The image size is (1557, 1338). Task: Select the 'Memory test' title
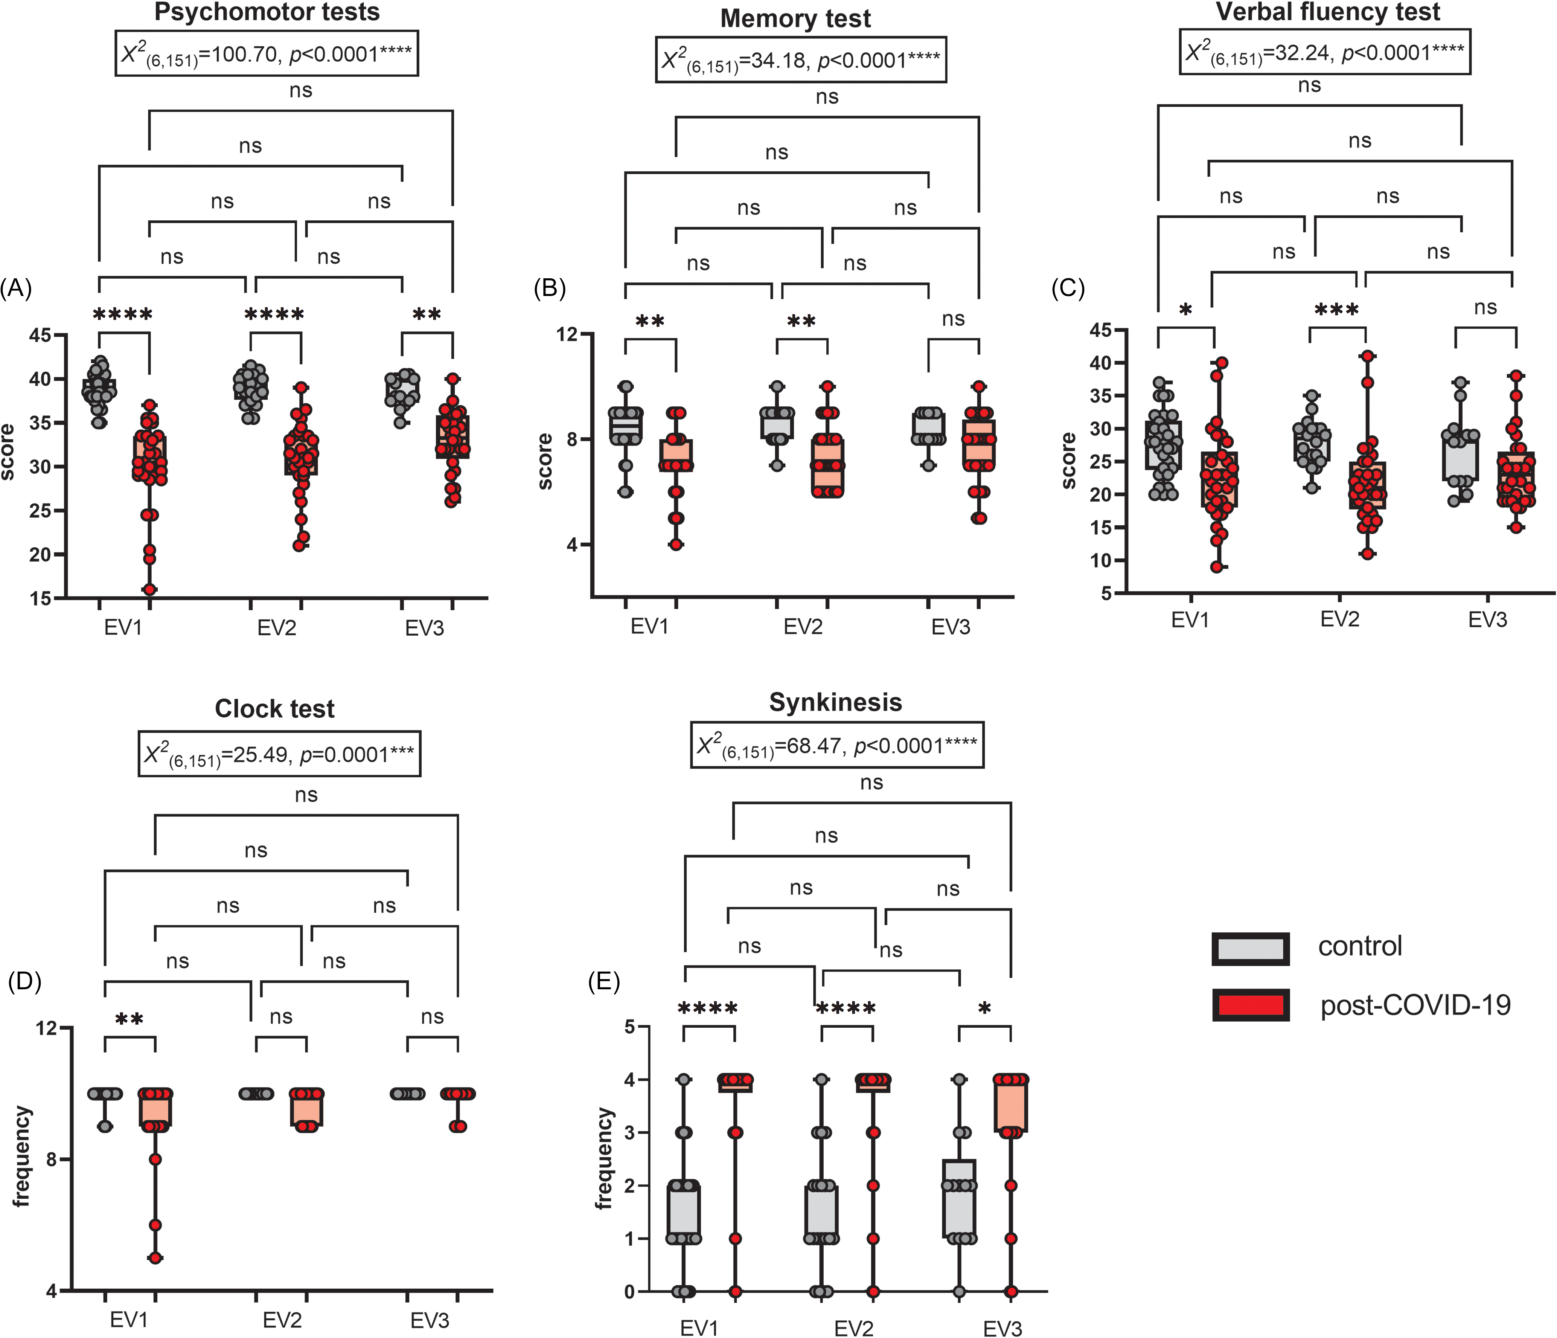796,19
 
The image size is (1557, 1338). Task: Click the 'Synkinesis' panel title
836,702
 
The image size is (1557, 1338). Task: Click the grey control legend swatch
1251,949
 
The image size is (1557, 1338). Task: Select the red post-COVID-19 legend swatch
1251,1005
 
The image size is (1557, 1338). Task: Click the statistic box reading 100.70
267,53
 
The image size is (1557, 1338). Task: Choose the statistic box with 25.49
279,753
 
